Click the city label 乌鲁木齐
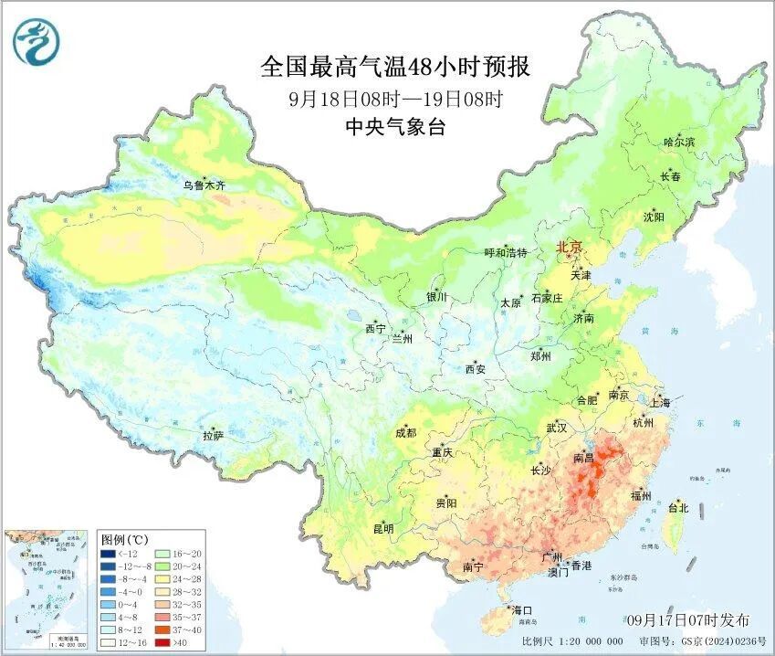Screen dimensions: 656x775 (203, 185)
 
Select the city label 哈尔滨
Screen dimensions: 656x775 (678, 143)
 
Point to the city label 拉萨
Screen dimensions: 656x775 (213, 437)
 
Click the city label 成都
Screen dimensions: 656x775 (406, 434)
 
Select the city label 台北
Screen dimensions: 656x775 (678, 508)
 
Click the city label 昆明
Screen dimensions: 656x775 (382, 529)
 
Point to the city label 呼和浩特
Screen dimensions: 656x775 (505, 253)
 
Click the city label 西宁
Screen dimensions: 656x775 (375, 329)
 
